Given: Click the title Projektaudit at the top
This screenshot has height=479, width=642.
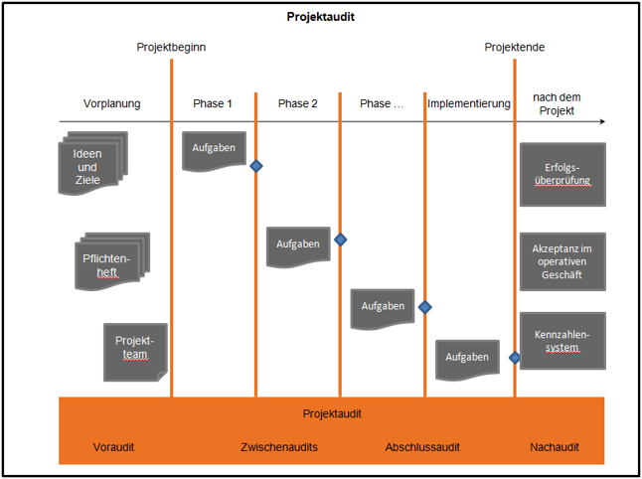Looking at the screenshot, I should point(321,17).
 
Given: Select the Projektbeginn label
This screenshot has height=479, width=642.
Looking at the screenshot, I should point(171,47).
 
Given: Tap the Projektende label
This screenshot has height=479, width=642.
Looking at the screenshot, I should point(514,47).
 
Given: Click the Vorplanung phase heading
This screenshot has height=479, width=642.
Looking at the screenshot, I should point(112,103).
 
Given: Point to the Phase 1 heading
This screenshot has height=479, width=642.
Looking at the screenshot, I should point(213,103).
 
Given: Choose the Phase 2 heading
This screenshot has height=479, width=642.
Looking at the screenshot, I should point(297,103).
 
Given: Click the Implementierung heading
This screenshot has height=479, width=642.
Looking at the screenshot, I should point(468,103).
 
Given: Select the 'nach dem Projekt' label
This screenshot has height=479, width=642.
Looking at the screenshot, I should point(556,103).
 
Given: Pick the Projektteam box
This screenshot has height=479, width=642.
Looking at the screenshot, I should point(135,351).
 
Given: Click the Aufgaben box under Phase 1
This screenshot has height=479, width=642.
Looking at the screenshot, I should point(214,150).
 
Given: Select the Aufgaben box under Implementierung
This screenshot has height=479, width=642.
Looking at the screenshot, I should point(466,358).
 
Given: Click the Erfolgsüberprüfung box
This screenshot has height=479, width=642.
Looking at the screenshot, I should point(562,174).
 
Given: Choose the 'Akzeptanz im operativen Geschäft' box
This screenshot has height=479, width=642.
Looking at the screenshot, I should point(562,261).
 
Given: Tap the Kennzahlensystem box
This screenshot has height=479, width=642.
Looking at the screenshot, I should point(562,341).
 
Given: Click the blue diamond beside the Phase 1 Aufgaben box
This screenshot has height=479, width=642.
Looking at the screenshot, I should point(256,166).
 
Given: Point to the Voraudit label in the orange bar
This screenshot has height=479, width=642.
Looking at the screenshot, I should point(113,447).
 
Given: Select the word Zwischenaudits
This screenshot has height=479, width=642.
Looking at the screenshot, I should point(279,447).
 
